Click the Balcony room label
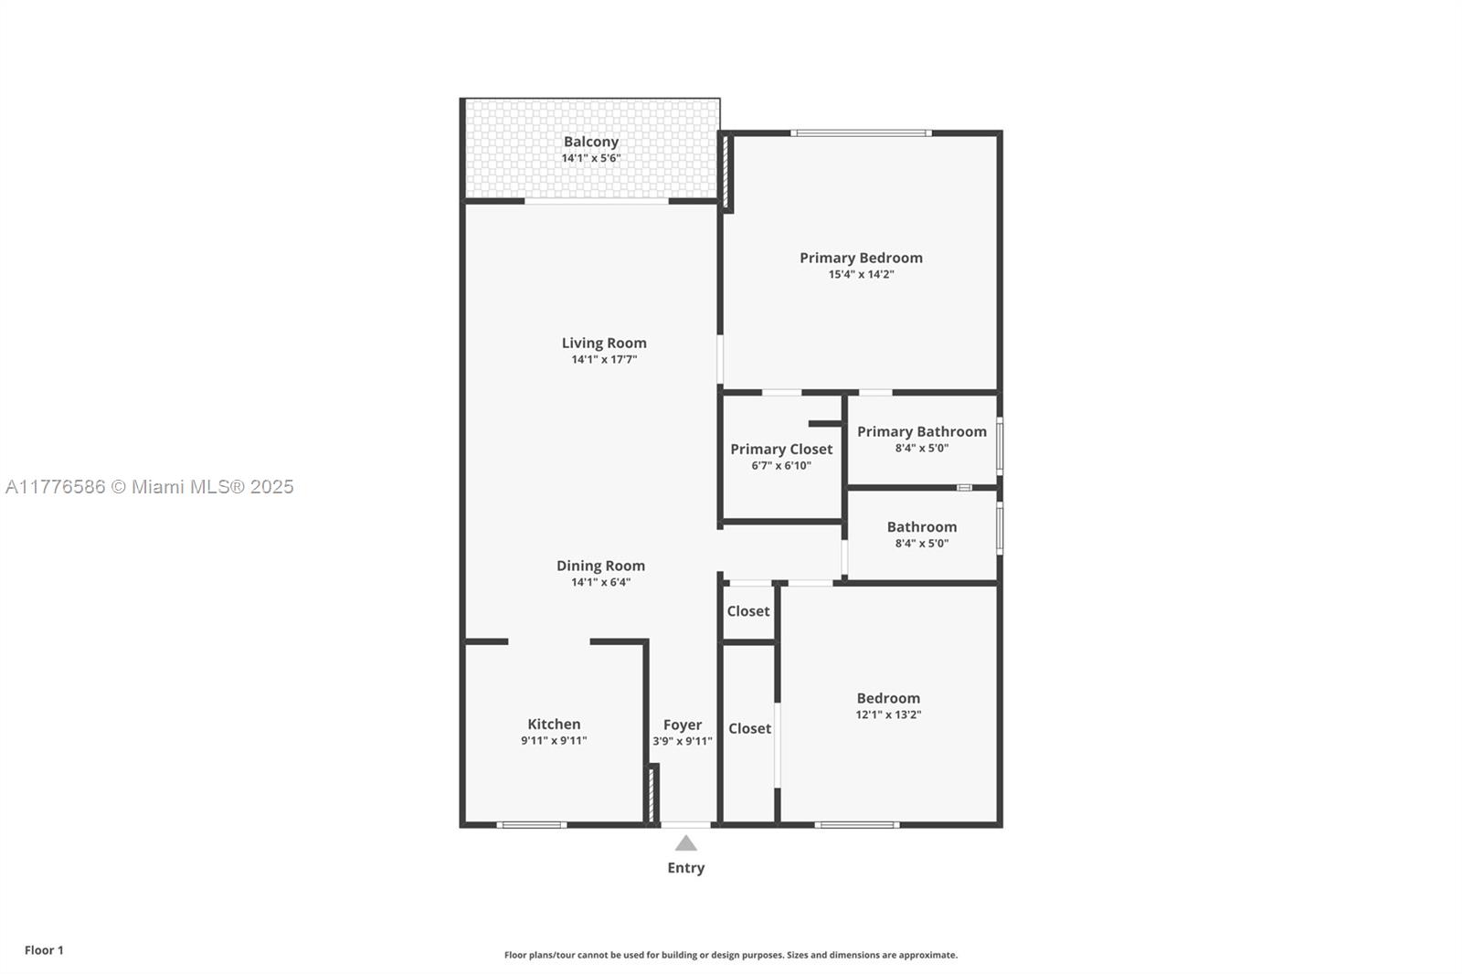[590, 142]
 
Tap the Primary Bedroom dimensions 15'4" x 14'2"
[861, 274]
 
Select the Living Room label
[604, 343]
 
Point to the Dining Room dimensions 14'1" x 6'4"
[600, 582]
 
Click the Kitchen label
[554, 724]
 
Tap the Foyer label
[683, 725]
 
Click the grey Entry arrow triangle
[685, 842]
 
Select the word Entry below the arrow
[685, 868]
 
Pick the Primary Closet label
[781, 449]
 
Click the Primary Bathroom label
[921, 431]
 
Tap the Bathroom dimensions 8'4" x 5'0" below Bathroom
[921, 543]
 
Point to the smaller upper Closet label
[748, 611]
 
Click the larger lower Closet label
[749, 728]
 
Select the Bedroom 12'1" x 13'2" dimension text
[888, 715]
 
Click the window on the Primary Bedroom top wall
[861, 133]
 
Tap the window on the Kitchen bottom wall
[532, 825]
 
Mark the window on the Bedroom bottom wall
[856, 825]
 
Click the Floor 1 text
[44, 950]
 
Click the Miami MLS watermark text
[150, 487]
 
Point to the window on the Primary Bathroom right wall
[1000, 445]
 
